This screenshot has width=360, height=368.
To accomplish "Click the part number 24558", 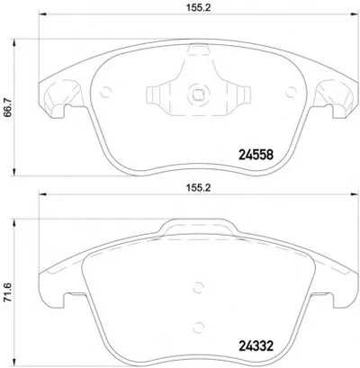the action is click(x=256, y=155).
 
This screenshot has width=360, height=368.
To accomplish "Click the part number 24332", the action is click(x=256, y=346).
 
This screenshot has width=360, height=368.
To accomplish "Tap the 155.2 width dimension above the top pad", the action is click(x=198, y=8).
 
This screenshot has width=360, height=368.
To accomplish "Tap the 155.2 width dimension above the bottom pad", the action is click(x=198, y=188).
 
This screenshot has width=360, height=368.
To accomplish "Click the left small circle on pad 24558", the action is click(x=105, y=92).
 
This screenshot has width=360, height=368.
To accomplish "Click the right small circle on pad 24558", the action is click(x=291, y=92).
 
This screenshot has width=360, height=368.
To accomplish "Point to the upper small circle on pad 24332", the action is click(x=198, y=287).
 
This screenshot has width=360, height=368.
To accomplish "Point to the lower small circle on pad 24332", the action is click(x=198, y=327).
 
